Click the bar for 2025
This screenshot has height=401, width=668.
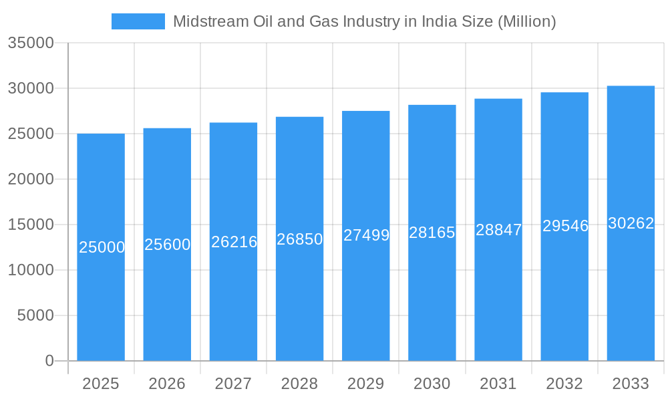tap(101, 301)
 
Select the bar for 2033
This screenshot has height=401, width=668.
tap(631, 294)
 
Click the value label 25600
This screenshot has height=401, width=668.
tap(168, 245)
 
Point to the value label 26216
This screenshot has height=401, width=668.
tap(234, 242)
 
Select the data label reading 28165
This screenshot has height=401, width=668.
tap(432, 233)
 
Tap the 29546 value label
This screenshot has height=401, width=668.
tap(565, 226)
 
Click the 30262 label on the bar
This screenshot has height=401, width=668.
tap(631, 223)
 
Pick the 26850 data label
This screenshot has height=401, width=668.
tap(300, 239)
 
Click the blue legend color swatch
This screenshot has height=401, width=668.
tap(138, 21)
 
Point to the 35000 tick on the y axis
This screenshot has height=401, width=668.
tap(31, 43)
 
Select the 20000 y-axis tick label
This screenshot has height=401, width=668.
tap(31, 179)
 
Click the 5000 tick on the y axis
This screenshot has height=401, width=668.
tap(35, 315)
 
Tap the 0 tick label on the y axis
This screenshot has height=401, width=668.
tap(49, 361)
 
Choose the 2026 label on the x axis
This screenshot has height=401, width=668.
tap(167, 384)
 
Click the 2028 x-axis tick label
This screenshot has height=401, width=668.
tap(299, 384)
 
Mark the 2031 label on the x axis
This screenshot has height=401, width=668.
tap(498, 384)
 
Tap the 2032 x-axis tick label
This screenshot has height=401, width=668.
tap(564, 384)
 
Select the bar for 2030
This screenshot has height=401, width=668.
tap(432, 301)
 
